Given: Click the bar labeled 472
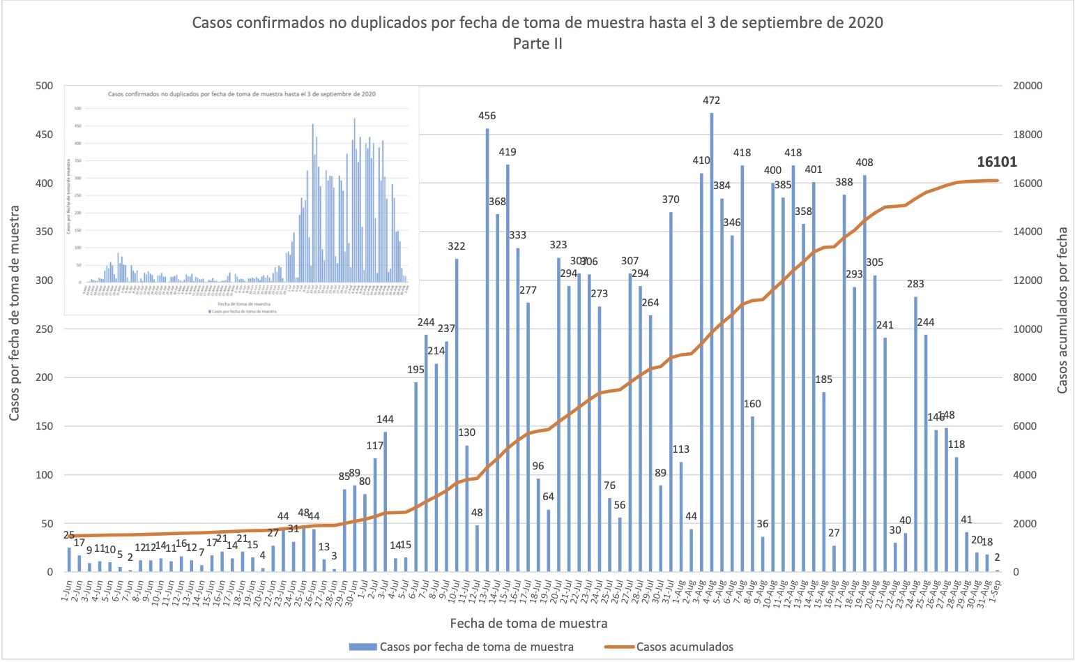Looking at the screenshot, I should click(x=712, y=342).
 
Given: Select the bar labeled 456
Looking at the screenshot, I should click(x=487, y=349).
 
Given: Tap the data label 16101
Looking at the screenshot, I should click(x=996, y=162).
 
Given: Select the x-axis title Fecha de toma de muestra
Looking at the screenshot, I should click(x=528, y=623).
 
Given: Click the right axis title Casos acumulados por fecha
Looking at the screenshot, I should click(x=1062, y=309).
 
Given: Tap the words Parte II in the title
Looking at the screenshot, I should click(x=537, y=43).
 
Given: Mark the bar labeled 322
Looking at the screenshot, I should click(x=457, y=415).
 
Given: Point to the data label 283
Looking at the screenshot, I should click(x=915, y=284).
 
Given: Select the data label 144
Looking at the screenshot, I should click(x=385, y=419).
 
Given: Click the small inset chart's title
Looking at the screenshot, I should click(x=242, y=93).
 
